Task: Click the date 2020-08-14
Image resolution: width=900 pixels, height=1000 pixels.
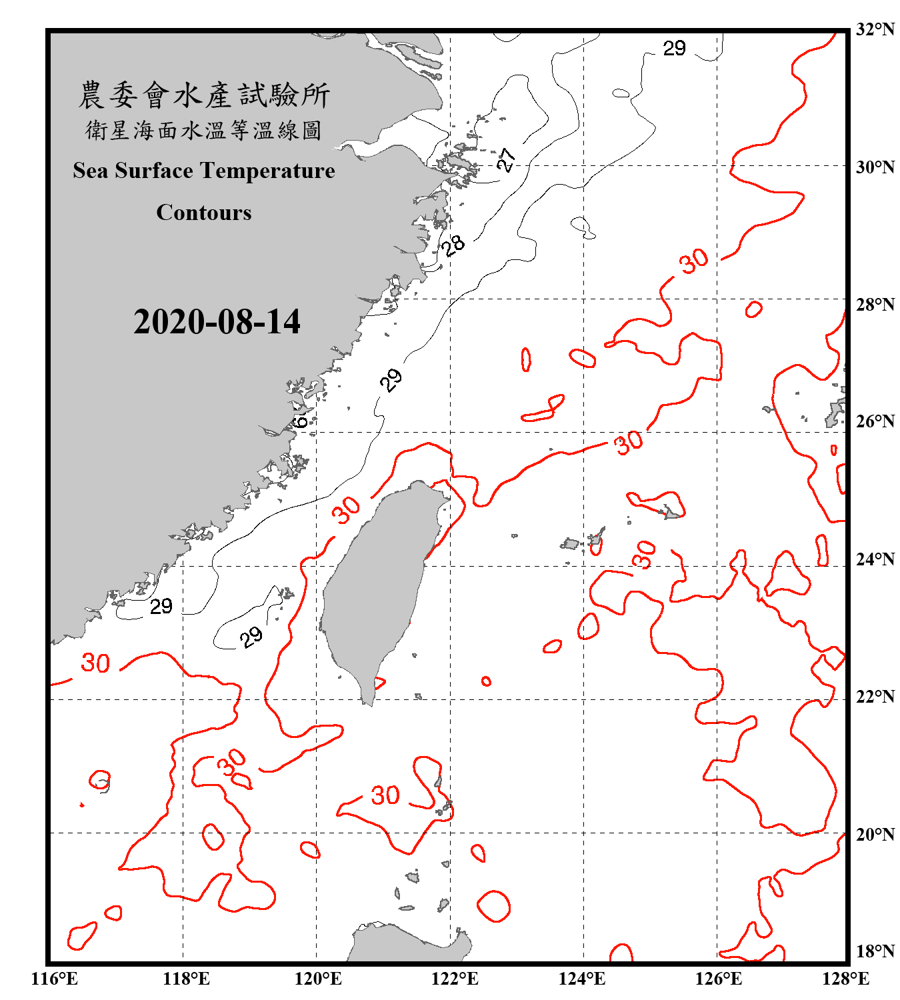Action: [217, 322]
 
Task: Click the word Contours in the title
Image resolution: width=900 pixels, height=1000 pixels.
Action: [204, 213]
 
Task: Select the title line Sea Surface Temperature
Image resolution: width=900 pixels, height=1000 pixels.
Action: [204, 171]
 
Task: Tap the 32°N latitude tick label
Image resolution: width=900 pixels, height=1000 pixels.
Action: [875, 29]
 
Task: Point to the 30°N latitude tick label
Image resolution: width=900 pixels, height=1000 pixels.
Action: [875, 167]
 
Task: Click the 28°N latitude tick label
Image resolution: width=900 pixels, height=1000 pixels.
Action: [875, 305]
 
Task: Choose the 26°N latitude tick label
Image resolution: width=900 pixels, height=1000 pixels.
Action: [875, 421]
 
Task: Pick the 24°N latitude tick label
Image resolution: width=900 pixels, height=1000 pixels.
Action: [875, 559]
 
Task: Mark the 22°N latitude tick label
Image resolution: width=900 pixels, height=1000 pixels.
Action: [875, 697]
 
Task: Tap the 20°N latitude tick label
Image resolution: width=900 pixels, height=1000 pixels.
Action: [875, 834]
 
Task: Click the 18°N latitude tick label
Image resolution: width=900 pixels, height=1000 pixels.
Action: [875, 951]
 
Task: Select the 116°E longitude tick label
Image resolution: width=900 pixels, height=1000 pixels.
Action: [55, 979]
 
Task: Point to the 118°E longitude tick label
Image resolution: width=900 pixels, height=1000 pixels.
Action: [186, 979]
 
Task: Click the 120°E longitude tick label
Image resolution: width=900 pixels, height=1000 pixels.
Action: [318, 979]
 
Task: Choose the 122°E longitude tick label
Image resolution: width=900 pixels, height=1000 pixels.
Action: [455, 979]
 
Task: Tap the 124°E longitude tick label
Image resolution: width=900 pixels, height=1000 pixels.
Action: [582, 979]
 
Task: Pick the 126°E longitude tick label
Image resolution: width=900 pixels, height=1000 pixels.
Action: [718, 979]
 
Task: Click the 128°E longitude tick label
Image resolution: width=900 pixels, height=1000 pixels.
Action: [845, 979]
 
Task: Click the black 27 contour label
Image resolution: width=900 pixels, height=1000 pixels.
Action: [506, 159]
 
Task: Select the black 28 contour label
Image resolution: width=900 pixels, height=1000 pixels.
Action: [453, 245]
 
